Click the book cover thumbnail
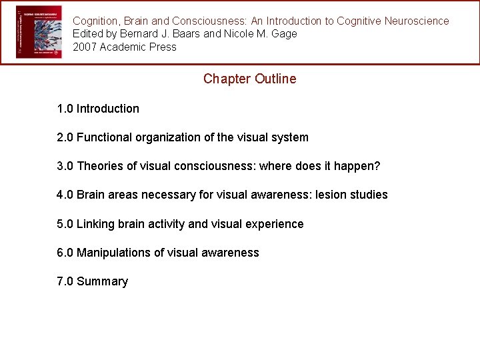point(39,32)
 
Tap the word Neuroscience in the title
point(417,21)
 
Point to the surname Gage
point(285,34)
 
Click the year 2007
point(85,47)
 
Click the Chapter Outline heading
point(249,79)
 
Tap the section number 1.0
point(65,109)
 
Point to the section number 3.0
point(65,166)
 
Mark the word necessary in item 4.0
point(166,195)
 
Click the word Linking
point(97,224)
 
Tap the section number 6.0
point(65,253)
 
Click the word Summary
point(102,281)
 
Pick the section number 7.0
point(65,281)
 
